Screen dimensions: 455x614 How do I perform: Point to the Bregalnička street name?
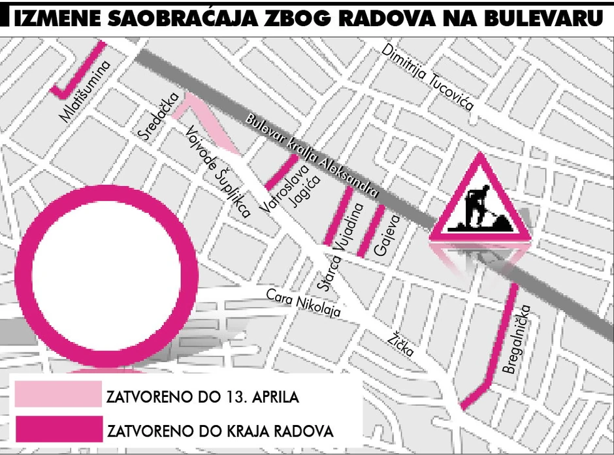click(520, 343)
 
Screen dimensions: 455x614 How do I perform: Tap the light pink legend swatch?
click(58, 394)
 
